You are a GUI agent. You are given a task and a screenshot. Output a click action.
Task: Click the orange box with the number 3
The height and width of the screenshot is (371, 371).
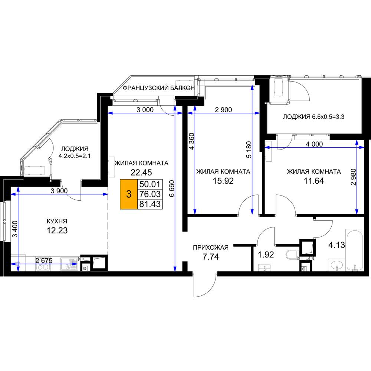click(129, 194)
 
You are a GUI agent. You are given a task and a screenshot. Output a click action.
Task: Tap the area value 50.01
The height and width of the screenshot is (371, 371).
click(150, 184)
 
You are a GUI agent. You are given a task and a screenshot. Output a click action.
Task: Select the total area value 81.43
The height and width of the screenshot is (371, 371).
click(150, 204)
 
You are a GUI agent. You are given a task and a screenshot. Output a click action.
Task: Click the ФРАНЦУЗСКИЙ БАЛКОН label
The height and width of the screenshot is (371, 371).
click(158, 88)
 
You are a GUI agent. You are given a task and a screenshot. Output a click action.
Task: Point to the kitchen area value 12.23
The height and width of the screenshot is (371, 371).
click(57, 230)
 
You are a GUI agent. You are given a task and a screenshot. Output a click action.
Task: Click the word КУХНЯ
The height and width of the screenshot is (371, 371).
click(57, 221)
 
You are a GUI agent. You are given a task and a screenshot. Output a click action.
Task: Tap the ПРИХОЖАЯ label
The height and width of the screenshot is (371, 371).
click(211, 247)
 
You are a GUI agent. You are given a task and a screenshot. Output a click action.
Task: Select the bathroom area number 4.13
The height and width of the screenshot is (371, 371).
click(337, 245)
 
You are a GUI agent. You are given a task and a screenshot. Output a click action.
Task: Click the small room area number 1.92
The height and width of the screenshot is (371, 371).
click(266, 255)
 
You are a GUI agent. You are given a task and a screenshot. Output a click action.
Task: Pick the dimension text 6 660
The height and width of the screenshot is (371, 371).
click(171, 188)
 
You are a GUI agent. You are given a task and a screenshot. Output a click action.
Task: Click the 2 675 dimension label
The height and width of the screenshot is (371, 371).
click(44, 261)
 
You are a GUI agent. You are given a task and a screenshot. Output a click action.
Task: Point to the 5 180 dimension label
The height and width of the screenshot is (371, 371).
click(249, 150)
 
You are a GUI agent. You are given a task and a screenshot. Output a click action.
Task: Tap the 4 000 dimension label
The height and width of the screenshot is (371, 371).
click(314, 144)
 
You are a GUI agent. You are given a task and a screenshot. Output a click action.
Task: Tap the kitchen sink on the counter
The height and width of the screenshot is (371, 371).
click(69, 264)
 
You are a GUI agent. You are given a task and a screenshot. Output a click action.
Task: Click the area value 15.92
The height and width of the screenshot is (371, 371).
click(223, 181)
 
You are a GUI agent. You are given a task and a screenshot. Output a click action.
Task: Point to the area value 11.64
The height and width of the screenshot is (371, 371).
click(314, 181)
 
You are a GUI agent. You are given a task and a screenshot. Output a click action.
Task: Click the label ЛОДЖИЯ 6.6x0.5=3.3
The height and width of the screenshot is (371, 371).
click(313, 116)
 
